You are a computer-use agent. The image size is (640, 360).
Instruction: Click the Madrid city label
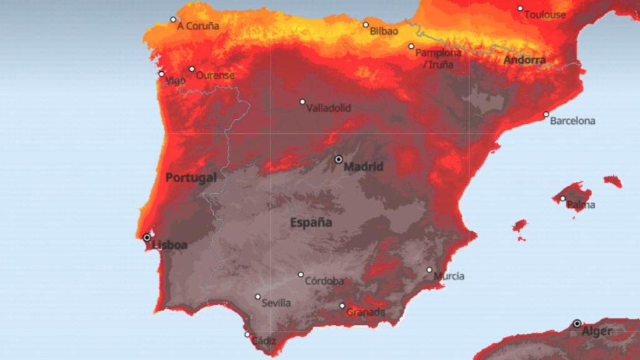(x=363, y=167)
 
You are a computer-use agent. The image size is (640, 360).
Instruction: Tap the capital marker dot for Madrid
(x=339, y=159)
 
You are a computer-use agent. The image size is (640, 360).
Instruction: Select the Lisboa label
(x=170, y=245)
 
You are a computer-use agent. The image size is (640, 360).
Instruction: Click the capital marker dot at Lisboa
(x=147, y=237)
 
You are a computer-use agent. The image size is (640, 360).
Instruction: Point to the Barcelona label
(x=572, y=121)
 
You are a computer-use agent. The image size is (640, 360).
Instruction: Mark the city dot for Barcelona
(x=546, y=114)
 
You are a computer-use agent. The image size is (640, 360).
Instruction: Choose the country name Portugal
(x=191, y=177)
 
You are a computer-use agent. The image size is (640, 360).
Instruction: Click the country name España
(x=311, y=222)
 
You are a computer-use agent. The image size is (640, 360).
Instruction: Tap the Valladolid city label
(x=329, y=107)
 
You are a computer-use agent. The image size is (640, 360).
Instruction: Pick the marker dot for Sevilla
(x=257, y=297)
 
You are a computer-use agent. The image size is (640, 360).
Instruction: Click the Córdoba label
(x=324, y=281)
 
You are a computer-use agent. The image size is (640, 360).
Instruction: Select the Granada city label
(x=366, y=312)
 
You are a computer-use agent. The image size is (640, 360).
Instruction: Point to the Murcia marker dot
(x=429, y=270)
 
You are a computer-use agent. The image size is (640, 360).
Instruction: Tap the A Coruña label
(x=198, y=26)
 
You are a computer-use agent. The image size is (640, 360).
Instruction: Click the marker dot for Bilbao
(x=366, y=25)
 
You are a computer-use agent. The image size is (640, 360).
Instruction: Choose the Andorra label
(x=525, y=61)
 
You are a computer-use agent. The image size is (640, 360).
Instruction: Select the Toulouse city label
(x=545, y=14)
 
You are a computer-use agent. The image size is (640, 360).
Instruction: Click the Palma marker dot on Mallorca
(x=562, y=199)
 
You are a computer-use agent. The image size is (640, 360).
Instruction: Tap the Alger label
(x=597, y=331)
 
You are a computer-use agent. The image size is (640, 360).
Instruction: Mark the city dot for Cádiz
(x=247, y=334)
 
